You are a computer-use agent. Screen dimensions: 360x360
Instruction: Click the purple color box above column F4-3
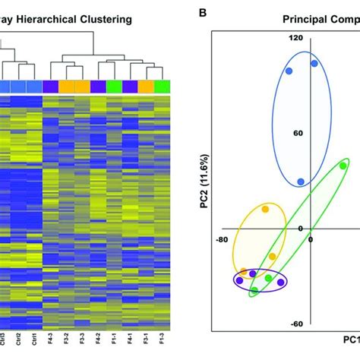(x=51, y=87)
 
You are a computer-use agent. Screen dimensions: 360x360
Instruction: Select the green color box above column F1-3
(x=161, y=87)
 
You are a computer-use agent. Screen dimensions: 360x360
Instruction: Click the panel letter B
(x=201, y=13)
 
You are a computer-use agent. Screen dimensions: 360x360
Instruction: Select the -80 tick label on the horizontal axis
(x=221, y=240)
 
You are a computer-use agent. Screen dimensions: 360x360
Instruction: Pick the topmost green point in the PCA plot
(x=343, y=166)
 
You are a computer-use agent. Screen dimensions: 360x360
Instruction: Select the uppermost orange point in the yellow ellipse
(x=266, y=209)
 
